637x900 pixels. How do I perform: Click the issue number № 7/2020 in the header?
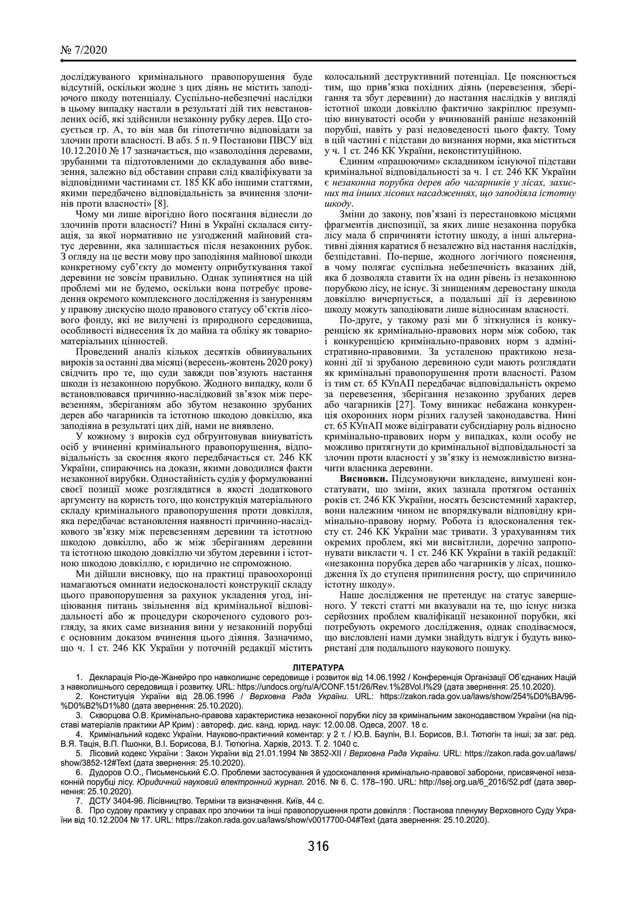click(x=83, y=50)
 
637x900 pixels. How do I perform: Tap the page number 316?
click(x=318, y=845)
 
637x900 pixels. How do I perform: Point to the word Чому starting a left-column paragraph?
click(x=86, y=214)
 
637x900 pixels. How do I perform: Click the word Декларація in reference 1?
click(x=109, y=677)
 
